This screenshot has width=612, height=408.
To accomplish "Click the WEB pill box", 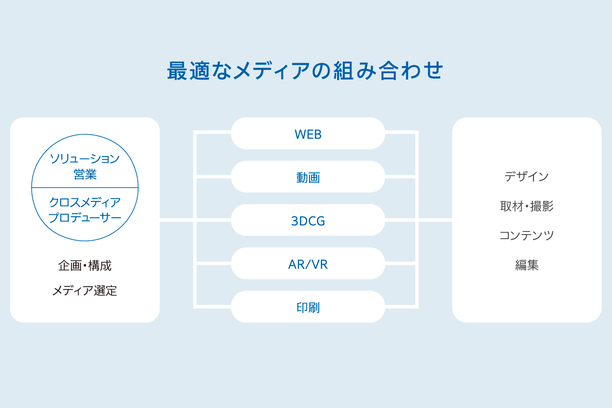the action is point(308,133).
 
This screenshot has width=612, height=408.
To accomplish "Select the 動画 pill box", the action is point(308,177).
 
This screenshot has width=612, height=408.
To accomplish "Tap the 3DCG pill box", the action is point(308,220).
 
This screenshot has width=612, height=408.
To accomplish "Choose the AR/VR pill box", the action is point(308,264).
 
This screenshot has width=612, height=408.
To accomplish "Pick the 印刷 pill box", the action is point(308,307).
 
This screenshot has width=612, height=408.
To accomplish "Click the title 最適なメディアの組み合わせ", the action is point(305,71).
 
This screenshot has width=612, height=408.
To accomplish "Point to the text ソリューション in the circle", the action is point(85,159).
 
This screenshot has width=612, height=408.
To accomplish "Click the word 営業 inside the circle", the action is point(85,174).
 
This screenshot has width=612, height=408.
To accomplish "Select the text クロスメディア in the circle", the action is point(85,202).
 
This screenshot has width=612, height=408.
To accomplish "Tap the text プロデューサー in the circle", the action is point(85,218).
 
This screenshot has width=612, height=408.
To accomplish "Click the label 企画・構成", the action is point(85,266).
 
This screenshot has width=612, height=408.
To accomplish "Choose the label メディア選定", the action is point(85,291).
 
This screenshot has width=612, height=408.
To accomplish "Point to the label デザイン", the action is point(526,176).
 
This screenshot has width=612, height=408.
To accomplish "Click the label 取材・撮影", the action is point(527,206).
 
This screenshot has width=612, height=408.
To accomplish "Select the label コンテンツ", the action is point(526,235).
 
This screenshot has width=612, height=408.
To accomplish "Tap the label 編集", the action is point(527,265).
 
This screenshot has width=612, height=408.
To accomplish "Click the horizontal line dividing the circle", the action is point(85,188).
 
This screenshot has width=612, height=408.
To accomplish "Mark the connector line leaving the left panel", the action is point(176,220).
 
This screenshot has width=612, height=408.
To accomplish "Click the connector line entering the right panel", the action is point(435,220).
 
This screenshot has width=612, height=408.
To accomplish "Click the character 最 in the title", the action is point(177,71).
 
